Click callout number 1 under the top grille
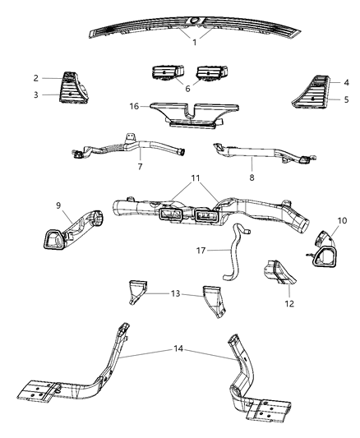(x=195, y=43)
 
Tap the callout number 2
(x=36, y=79)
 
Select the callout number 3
(x=36, y=95)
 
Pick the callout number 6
(x=188, y=89)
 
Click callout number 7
(x=141, y=167)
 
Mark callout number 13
(x=174, y=293)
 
